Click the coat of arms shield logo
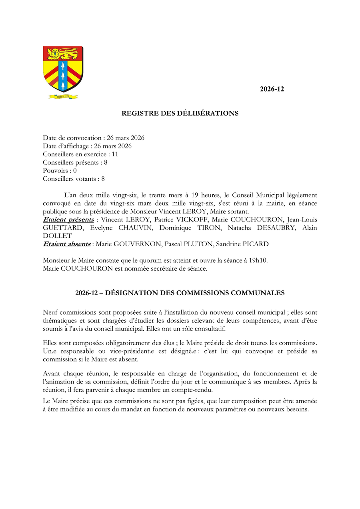click(x=63, y=69)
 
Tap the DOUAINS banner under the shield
click(x=63, y=96)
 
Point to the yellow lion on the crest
click(x=63, y=53)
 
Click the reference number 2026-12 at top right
click(x=272, y=89)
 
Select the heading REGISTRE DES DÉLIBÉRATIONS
click(x=180, y=114)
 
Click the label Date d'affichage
click(x=66, y=146)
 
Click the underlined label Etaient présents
click(x=68, y=220)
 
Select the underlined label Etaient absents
click(x=67, y=244)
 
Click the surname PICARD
click(x=255, y=244)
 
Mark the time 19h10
click(x=258, y=261)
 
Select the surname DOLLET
click(x=57, y=236)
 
